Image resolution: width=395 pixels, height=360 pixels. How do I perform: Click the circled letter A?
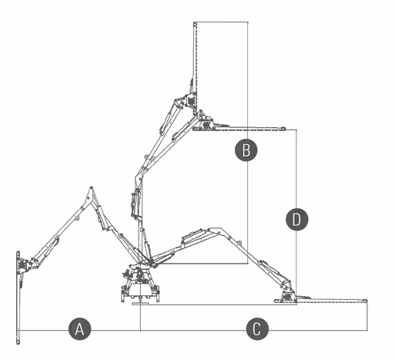[x=79, y=329]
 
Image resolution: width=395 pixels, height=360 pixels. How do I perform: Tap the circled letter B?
[x=246, y=150]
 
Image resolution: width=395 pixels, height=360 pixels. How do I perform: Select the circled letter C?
[x=257, y=329]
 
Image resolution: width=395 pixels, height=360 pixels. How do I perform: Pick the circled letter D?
[x=297, y=219]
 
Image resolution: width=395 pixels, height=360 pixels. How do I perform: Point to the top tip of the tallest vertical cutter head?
[x=195, y=23]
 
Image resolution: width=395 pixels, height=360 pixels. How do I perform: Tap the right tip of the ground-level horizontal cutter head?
[x=366, y=301]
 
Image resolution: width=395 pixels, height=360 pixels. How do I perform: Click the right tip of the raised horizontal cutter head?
[x=283, y=128]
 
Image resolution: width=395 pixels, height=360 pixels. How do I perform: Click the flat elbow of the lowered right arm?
[x=216, y=229]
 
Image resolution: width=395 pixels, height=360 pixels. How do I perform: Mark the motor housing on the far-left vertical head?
[x=22, y=265]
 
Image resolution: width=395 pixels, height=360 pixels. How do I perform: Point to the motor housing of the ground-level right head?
[x=288, y=295]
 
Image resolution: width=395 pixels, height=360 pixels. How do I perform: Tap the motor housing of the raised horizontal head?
[x=206, y=123]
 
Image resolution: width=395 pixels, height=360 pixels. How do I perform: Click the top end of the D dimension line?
[x=296, y=130]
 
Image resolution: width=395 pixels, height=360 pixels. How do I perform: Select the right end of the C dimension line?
[x=367, y=330]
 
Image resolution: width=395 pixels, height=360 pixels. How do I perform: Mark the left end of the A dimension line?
[x=19, y=330]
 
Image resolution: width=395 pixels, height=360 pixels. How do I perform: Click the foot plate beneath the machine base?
[x=140, y=304]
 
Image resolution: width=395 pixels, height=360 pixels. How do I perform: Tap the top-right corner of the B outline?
[x=248, y=22]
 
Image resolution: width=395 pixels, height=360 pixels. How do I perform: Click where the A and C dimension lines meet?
[x=140, y=330]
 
